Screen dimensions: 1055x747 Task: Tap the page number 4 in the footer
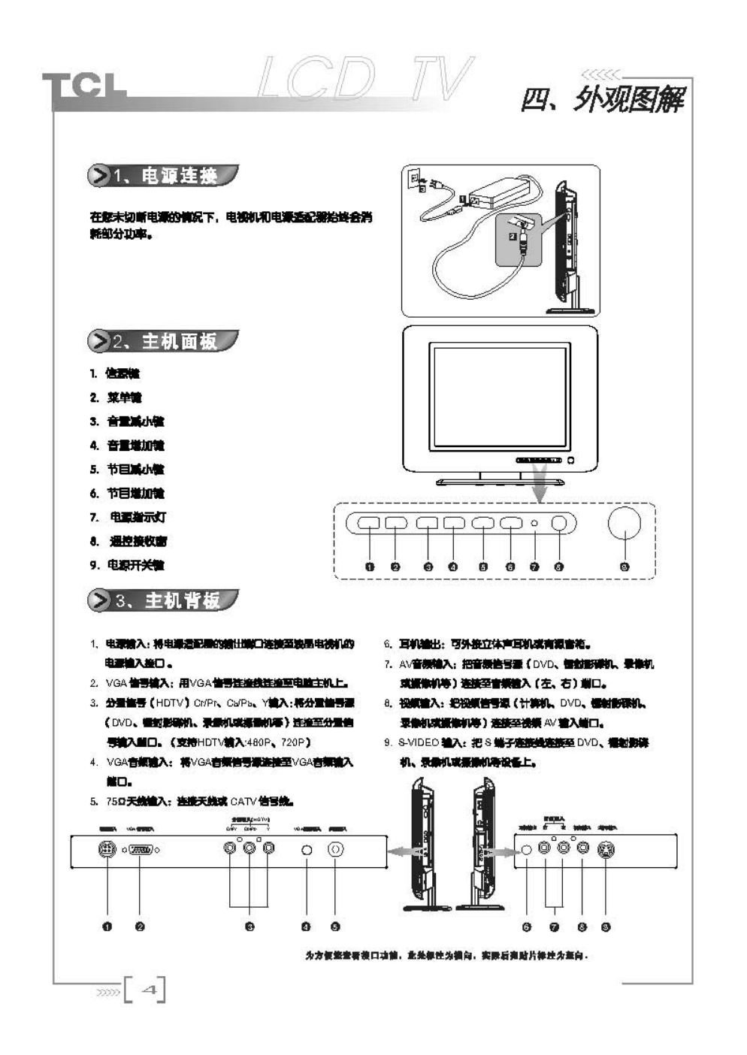149,990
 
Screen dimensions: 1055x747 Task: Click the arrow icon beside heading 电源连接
98,176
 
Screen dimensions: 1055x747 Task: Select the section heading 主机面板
179,341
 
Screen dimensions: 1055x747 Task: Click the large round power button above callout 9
624,523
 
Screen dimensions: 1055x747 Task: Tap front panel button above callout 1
368,523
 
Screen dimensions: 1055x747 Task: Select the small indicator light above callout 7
534,523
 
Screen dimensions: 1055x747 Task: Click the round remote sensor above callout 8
558,523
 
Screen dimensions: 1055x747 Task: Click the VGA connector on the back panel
141,849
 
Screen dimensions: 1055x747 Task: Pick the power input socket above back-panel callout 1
107,849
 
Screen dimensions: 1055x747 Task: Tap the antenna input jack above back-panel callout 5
335,849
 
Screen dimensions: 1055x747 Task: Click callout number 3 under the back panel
250,927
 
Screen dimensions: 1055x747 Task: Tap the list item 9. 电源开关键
127,565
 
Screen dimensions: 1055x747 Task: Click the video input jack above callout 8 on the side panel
582,848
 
